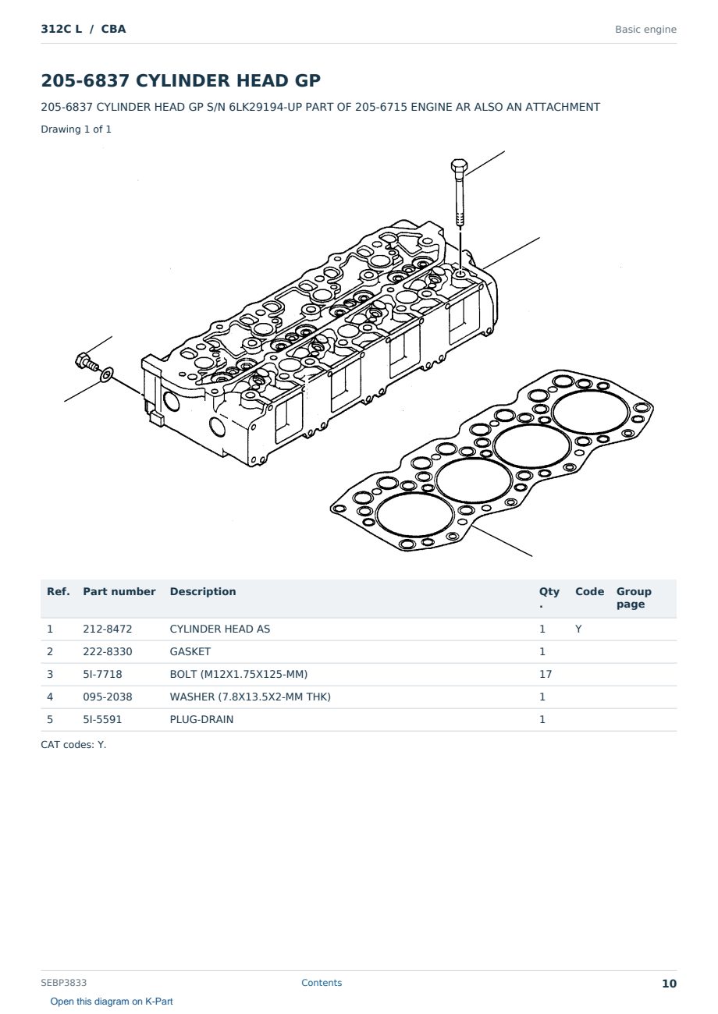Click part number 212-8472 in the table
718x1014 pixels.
coord(108,629)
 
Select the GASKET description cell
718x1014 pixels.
coord(190,651)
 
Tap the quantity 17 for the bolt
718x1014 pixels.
coord(546,674)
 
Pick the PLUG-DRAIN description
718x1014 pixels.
coord(201,719)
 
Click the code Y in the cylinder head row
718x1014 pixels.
coord(578,629)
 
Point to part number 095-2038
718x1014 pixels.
coord(108,697)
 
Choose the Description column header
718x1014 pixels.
coord(203,592)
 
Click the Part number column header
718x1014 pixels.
coord(119,592)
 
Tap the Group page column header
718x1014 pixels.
coord(634,597)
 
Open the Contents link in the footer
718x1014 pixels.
coord(322,983)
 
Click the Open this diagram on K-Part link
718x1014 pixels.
coord(112,1002)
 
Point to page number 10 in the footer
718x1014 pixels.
coord(669,984)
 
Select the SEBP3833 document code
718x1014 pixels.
coord(63,983)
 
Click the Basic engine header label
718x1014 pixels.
coord(645,30)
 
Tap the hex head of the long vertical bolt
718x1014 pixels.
coord(459,165)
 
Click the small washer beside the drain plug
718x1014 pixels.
coord(107,374)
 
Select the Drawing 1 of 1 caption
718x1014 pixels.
coord(76,129)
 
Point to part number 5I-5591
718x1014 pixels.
coord(102,719)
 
